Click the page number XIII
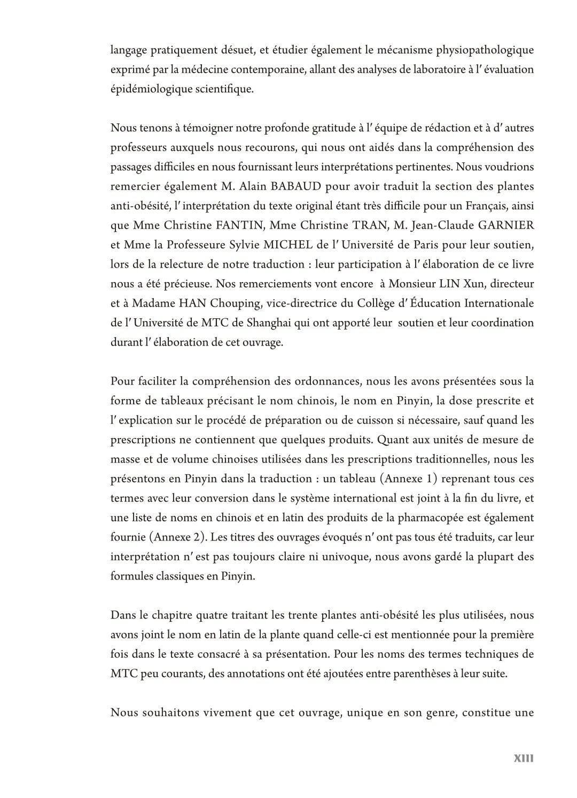click(x=524, y=758)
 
